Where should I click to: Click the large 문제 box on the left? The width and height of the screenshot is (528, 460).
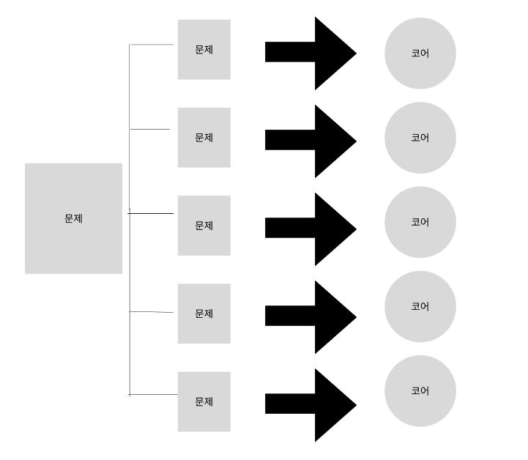73,218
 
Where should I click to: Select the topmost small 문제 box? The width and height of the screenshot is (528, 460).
204,49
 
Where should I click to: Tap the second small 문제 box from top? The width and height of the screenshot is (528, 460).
204,137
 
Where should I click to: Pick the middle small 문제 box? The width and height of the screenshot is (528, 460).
204,225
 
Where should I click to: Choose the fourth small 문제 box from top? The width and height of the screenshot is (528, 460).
204,313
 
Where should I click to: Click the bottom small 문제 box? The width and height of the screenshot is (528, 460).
204,401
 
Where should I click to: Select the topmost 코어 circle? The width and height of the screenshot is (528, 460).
420,53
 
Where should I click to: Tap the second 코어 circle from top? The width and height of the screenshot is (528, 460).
420,138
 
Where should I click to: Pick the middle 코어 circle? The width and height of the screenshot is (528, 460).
420,222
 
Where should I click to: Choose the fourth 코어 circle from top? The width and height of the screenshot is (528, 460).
420,306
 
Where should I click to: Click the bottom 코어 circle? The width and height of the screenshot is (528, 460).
420,390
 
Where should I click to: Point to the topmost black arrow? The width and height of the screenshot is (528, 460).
311,53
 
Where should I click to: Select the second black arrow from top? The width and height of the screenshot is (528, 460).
311,141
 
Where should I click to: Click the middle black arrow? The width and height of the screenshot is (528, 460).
311,229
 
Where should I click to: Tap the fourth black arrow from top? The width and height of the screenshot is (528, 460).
311,316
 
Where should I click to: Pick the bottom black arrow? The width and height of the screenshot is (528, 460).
311,404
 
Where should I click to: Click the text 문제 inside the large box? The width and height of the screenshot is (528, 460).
73,218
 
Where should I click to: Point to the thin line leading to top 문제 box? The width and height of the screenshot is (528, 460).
152,45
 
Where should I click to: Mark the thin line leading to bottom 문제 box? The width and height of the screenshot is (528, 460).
154,395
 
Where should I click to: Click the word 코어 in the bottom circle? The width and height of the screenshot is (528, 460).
420,390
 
